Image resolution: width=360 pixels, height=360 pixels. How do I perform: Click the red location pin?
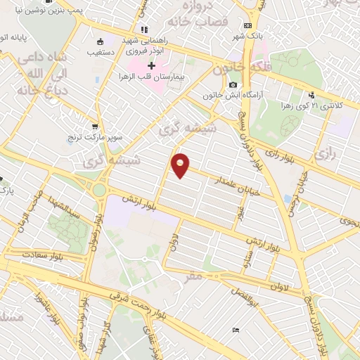(x=181, y=165)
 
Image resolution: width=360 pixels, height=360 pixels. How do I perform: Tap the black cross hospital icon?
(x=150, y=65)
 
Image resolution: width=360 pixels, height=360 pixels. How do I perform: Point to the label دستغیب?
(x=103, y=52)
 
